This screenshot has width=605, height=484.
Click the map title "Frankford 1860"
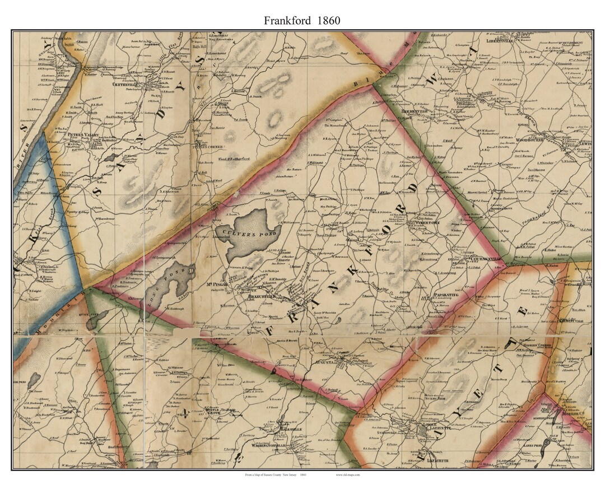click(x=302, y=21)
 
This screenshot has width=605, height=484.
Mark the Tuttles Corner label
click(x=208, y=147)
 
